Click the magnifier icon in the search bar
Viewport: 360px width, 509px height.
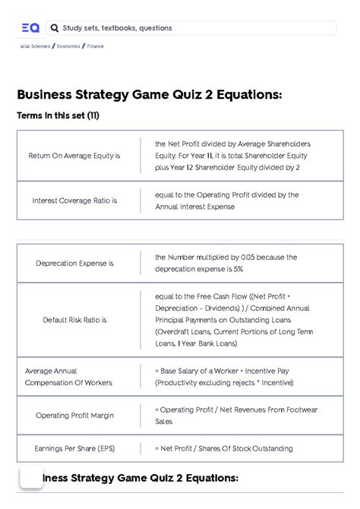point(55,28)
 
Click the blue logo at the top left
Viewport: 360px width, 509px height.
point(30,28)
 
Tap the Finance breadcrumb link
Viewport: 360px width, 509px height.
point(95,46)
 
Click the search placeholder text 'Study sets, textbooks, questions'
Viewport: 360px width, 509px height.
point(117,28)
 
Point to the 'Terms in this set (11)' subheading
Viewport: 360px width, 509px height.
point(58,115)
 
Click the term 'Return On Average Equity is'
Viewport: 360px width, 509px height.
point(74,156)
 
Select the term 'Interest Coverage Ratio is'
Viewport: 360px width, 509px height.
point(74,201)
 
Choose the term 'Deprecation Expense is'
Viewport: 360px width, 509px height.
point(74,263)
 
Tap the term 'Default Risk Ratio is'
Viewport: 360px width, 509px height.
point(74,320)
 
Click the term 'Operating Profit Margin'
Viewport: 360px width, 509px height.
point(74,415)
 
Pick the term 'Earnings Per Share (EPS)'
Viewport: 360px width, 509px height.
point(74,448)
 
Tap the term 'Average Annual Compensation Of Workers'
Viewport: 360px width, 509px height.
point(74,377)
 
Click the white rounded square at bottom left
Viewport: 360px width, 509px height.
point(30,477)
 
